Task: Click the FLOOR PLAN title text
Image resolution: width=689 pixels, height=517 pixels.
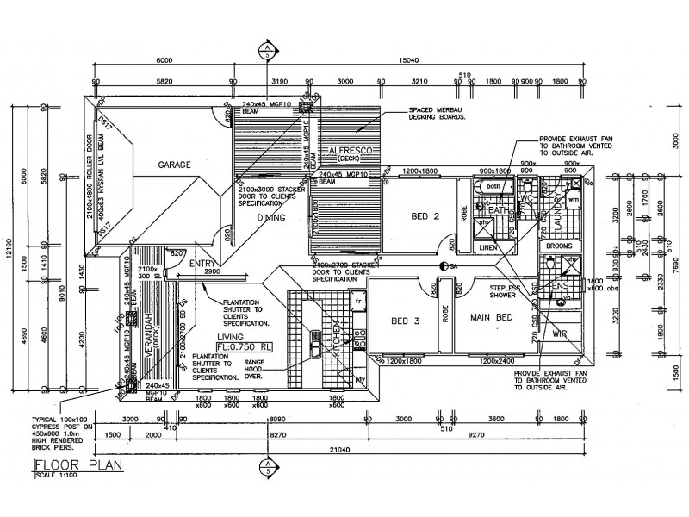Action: [78, 468]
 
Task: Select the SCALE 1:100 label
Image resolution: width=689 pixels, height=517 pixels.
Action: [53, 478]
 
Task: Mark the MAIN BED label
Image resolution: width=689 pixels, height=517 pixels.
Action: [491, 317]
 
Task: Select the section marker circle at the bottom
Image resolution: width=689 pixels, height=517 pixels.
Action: [269, 467]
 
